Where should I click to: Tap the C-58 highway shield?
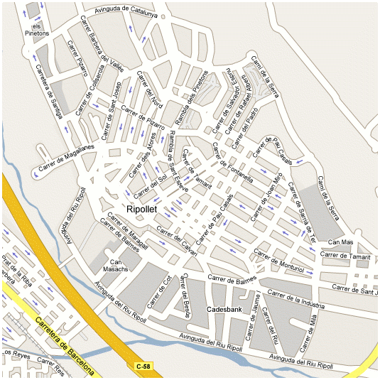[142, 366]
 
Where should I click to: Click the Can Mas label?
[342, 242]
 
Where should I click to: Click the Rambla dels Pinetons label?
[192, 99]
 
